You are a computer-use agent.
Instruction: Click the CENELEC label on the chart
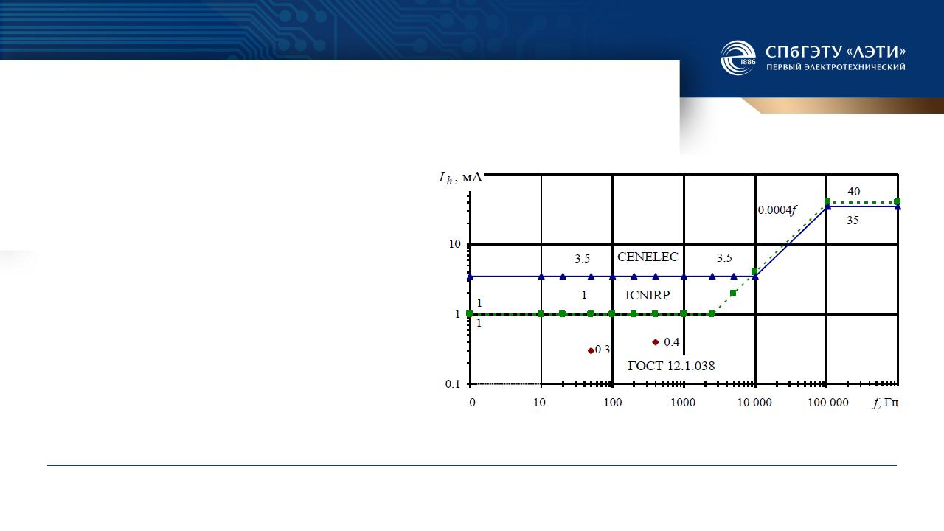pos(648,257)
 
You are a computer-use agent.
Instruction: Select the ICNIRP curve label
pos(648,295)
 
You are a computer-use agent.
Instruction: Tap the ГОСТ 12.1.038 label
pos(671,366)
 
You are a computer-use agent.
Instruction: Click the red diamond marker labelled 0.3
pos(591,350)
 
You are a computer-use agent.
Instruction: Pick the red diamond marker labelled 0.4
pos(656,342)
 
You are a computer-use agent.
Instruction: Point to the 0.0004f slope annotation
pos(777,210)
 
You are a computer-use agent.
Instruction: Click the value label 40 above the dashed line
pos(854,192)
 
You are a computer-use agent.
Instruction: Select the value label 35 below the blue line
pos(853,221)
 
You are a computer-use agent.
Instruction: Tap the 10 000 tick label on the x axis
pos(754,403)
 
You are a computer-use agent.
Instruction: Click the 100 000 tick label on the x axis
pos(828,403)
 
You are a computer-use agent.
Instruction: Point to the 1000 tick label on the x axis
pos(683,403)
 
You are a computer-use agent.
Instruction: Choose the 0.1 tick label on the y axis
pos(453,384)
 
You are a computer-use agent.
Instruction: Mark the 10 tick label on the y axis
pos(455,244)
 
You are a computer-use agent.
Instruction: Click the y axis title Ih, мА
pos(460,178)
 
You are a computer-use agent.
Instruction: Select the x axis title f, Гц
pos(886,403)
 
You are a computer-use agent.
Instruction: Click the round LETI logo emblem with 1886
pos(738,58)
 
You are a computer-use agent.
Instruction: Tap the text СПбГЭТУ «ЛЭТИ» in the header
pos(836,52)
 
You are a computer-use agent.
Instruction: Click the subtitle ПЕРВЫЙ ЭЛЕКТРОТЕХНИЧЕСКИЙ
pos(836,67)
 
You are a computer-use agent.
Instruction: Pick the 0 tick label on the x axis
pos(472,403)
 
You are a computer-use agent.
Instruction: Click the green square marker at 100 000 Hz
pos(827,201)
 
